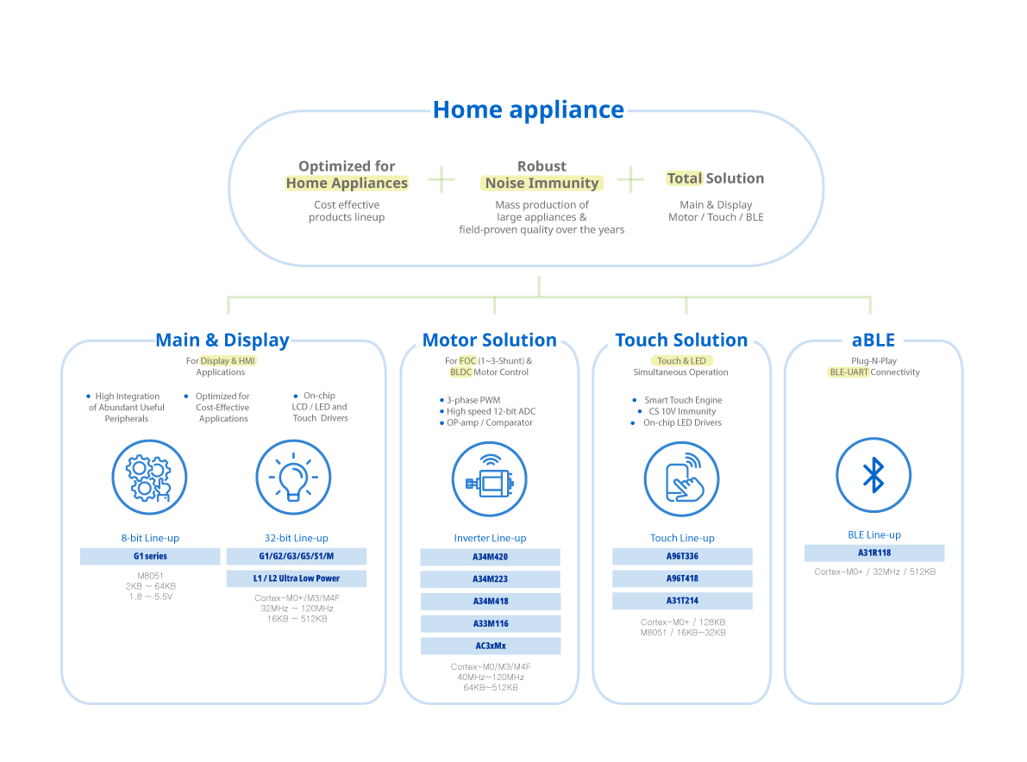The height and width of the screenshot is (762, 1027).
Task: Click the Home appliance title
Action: [x=528, y=110]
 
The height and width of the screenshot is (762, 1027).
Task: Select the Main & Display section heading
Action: [x=222, y=340]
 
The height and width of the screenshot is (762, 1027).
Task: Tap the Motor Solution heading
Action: [x=489, y=340]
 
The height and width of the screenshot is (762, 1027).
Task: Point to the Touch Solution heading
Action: [x=681, y=340]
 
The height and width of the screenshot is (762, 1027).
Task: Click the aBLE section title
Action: [x=873, y=340]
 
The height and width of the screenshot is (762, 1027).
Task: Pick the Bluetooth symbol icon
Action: [x=874, y=475]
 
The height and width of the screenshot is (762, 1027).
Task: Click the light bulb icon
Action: [x=293, y=476]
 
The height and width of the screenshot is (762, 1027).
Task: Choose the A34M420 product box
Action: [x=490, y=557]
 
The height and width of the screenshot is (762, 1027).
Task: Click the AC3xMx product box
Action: [x=490, y=646]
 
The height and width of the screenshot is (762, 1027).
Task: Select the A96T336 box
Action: [x=682, y=557]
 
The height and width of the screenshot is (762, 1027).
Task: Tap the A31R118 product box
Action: [x=874, y=553]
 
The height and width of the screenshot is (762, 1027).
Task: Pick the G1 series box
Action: [x=150, y=557]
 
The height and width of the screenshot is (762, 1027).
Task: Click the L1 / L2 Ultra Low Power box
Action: [x=296, y=578]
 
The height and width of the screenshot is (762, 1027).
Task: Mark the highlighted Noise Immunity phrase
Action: [x=542, y=184]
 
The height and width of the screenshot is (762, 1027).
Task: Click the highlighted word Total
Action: [x=685, y=178]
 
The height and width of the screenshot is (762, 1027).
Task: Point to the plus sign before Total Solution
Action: [x=630, y=178]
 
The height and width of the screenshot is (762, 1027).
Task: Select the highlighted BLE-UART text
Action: [x=848, y=372]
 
